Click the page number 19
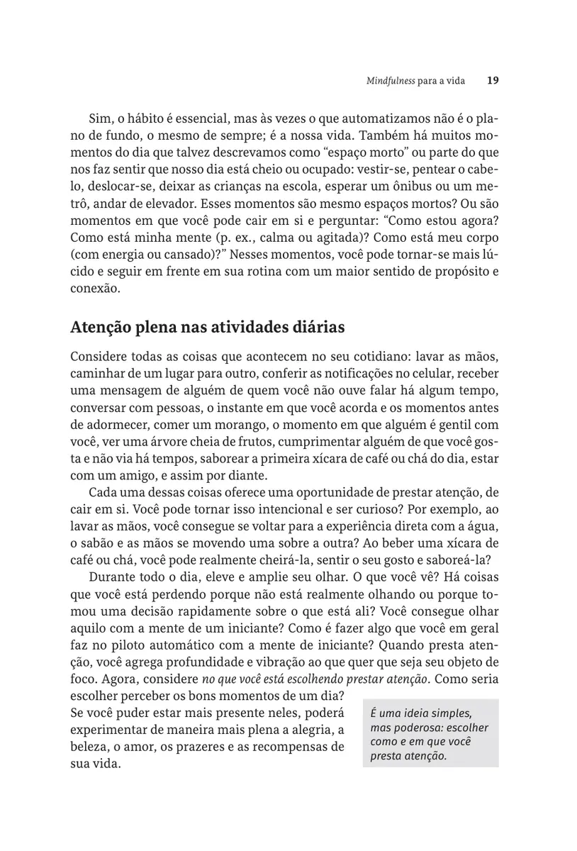coord(493,80)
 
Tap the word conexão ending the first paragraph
coord(96,289)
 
